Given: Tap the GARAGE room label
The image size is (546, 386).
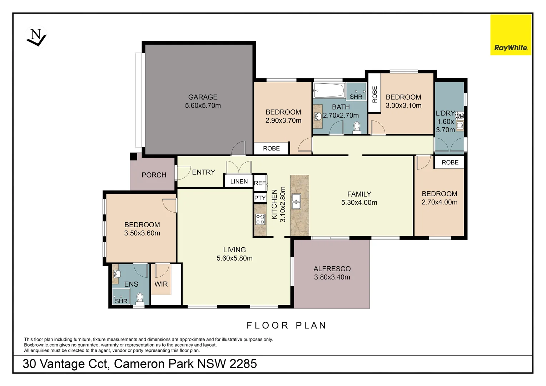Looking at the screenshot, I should point(203,97).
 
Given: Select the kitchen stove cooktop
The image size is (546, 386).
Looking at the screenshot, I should point(260,219).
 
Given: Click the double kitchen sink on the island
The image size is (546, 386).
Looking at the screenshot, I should point(296,201).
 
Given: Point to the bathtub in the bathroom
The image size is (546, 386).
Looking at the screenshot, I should point(328,90).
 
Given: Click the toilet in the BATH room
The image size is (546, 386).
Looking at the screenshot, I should point(356,128).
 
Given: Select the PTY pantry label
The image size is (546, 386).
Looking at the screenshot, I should point(260,198).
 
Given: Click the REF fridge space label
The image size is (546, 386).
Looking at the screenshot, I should point(260,183).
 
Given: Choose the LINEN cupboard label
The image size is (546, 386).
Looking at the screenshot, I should point(239,181).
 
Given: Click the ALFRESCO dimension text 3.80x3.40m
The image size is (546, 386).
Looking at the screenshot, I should point(332,277).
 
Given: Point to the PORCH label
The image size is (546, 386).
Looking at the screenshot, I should point(154,175).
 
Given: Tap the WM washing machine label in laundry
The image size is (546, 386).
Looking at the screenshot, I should point(460,116).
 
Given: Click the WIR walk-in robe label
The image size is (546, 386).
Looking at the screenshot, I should point(161,284).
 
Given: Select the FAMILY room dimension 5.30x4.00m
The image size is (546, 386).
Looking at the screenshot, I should point(359,202).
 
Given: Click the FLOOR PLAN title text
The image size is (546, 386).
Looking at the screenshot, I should point(287,325).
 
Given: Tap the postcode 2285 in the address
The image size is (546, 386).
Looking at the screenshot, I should point(243,363).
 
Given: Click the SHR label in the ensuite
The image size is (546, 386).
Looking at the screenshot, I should point(121,301).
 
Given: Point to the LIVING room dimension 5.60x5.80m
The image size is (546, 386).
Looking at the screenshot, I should point(234,258).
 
